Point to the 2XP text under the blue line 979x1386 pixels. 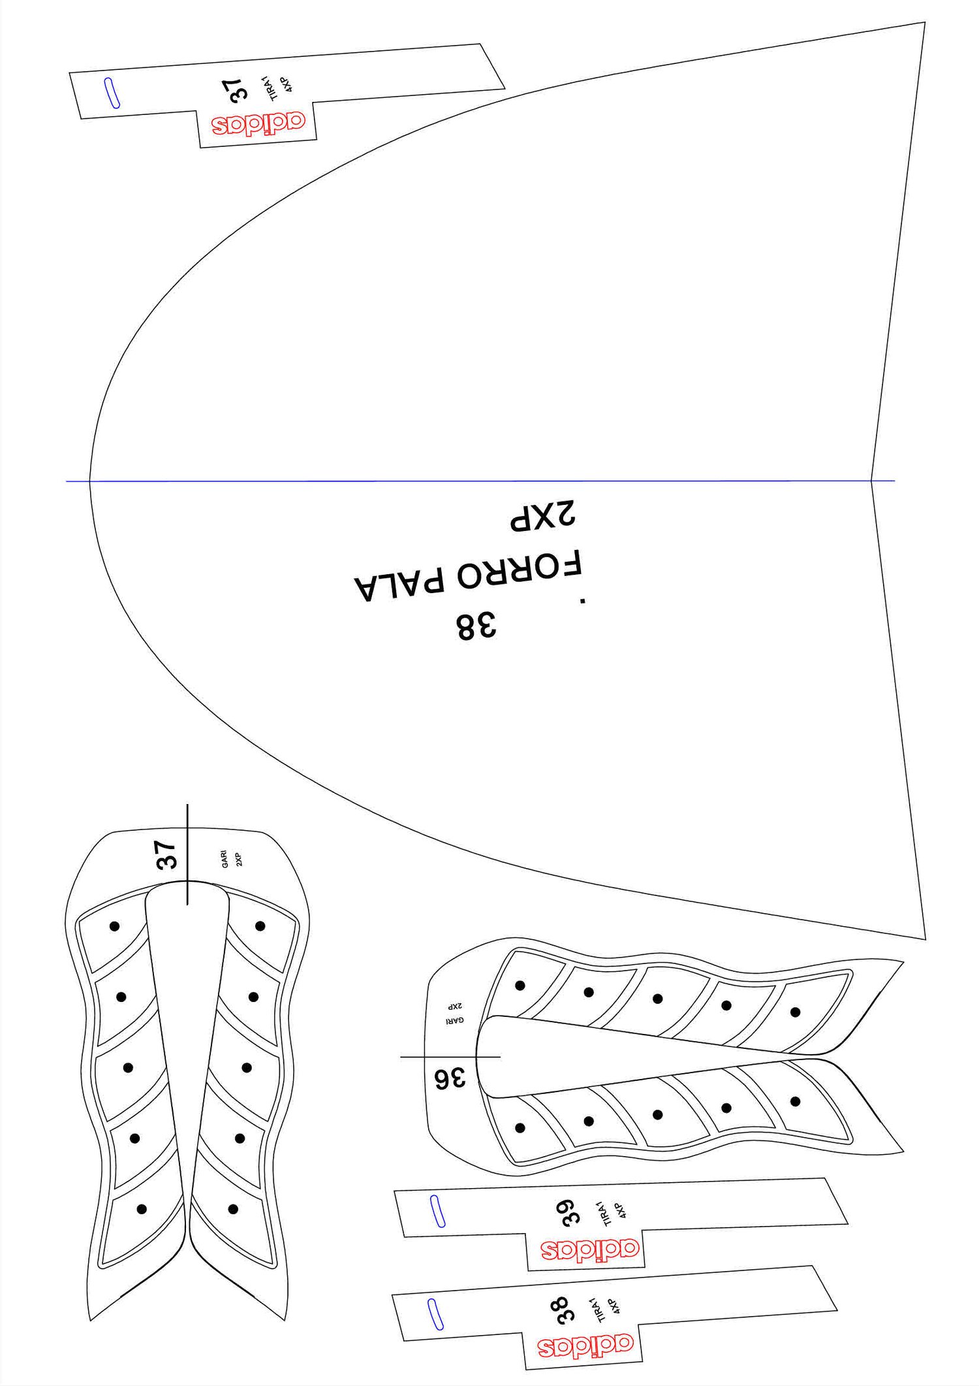543,515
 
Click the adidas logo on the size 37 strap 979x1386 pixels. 258,123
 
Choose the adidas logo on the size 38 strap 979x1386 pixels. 585,1346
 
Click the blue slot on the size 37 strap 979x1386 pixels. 112,93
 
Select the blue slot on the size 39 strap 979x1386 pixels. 438,1212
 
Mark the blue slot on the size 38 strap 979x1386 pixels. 435,1314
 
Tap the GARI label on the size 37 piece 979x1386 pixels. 225,858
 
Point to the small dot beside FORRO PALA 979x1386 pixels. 583,600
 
